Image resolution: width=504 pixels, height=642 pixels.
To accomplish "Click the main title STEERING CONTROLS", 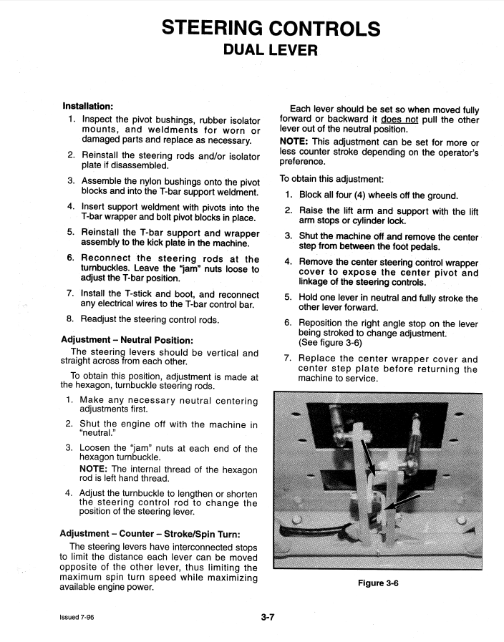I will coord(271,29).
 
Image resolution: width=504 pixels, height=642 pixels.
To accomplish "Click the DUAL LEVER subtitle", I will coord(271,51).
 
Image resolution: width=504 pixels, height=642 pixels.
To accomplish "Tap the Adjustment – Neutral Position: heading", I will coord(127,339).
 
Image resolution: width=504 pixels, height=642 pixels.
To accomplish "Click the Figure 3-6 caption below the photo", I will coord(377,583).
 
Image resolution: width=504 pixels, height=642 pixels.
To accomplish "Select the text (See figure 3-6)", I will coord(331,343).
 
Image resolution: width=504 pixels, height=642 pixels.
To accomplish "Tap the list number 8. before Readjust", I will coord(70,319).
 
